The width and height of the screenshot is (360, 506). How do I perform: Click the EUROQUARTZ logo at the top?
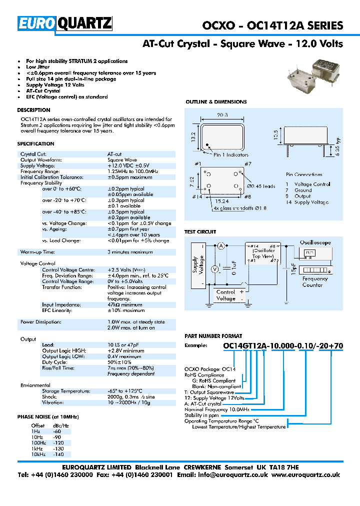[65, 23]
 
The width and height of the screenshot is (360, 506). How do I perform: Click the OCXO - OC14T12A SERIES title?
[272, 25]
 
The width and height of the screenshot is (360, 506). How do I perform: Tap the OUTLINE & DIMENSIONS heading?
[216, 102]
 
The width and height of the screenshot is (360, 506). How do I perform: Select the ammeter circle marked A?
[220, 245]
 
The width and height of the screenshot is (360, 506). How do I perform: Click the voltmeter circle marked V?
[215, 269]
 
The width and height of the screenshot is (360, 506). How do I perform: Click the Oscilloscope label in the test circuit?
[315, 242]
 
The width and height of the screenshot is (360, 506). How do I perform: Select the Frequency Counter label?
[315, 281]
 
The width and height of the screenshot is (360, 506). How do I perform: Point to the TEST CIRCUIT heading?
[200, 232]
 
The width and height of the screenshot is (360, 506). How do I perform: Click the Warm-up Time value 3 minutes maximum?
[130, 252]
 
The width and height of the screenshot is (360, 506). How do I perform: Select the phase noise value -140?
[59, 454]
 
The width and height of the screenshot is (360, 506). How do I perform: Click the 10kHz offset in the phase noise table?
[38, 454]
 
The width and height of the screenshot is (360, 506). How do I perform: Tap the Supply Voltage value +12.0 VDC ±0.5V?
[128, 165]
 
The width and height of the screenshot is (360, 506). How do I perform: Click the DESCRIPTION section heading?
[33, 110]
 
